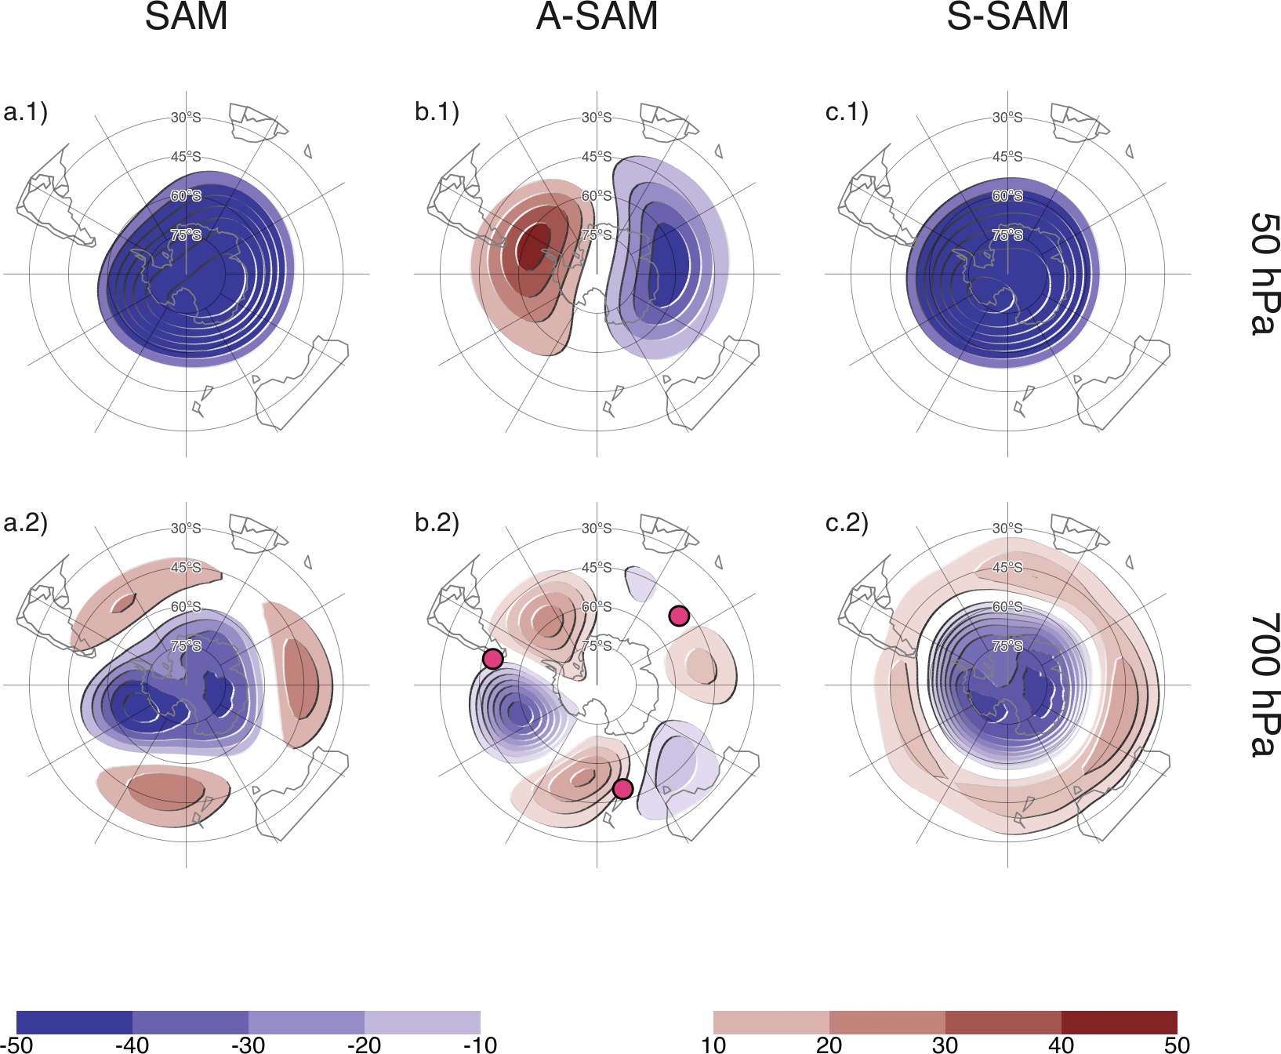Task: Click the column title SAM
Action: click(186, 16)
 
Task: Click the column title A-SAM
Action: click(597, 16)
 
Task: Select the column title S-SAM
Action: click(1007, 16)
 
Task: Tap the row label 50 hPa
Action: click(1263, 274)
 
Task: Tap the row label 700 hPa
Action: click(1263, 685)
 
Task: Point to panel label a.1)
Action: click(25, 111)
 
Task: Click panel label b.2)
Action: click(437, 522)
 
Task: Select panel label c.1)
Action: click(847, 111)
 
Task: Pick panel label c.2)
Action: click(847, 522)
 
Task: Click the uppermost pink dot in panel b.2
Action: click(679, 616)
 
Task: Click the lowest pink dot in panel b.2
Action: click(622, 788)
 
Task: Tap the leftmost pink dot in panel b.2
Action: click(492, 658)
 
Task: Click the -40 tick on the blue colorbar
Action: click(132, 1045)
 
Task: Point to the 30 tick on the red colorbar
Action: click(945, 1045)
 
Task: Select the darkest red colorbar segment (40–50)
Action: click(1119, 1022)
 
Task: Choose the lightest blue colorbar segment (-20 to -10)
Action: click(422, 1022)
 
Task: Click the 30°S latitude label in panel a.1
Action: click(186, 118)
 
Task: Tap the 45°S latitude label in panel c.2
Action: click(1007, 567)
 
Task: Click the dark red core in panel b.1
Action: click(534, 247)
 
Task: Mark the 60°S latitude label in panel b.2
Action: click(597, 606)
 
